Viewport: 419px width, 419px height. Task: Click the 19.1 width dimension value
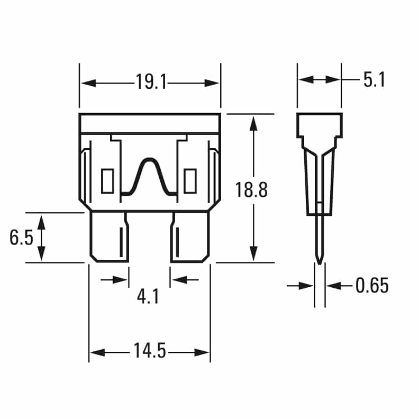point(150,83)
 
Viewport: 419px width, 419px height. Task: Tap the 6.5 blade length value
point(21,238)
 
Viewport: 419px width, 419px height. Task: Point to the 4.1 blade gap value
point(148,297)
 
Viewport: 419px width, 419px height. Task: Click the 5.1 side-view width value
point(374,80)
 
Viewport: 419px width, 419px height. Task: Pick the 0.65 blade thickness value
point(372,286)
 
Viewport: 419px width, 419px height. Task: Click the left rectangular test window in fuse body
point(107,181)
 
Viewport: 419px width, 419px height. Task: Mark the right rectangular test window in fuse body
point(189,181)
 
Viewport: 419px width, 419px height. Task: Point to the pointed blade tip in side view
point(319,259)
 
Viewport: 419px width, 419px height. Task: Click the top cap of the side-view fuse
point(319,125)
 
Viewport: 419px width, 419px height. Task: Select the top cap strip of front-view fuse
point(150,123)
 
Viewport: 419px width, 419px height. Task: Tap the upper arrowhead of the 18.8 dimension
point(254,123)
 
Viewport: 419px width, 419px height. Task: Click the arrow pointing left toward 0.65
point(332,286)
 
